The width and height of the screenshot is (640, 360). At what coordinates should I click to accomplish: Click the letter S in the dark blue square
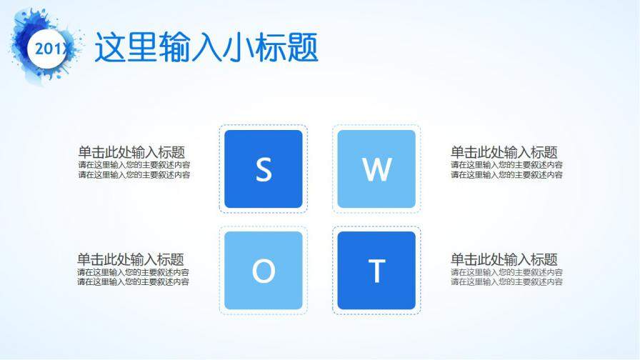pyautogui.click(x=264, y=169)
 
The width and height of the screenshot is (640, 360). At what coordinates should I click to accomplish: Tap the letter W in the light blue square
pyautogui.click(x=376, y=169)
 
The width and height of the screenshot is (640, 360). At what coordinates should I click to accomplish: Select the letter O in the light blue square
pyautogui.click(x=264, y=271)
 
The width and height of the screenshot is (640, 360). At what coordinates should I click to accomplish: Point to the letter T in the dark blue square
pyautogui.click(x=376, y=271)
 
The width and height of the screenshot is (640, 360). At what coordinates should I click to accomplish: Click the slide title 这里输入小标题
pyautogui.click(x=206, y=48)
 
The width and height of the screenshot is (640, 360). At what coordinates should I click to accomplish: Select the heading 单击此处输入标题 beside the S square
pyautogui.click(x=132, y=152)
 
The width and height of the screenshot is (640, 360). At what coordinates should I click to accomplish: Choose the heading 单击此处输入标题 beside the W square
pyautogui.click(x=504, y=152)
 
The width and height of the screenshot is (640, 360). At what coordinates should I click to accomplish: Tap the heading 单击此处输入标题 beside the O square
pyautogui.click(x=131, y=260)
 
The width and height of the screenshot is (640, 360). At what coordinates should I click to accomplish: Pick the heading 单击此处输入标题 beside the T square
pyautogui.click(x=504, y=260)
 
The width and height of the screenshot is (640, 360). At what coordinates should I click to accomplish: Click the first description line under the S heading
pyautogui.click(x=134, y=165)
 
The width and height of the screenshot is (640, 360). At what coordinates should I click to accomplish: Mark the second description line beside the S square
pyautogui.click(x=134, y=174)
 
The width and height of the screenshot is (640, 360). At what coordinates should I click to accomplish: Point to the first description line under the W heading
pyautogui.click(x=506, y=165)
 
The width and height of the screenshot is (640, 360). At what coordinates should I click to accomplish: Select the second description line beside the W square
pyautogui.click(x=506, y=174)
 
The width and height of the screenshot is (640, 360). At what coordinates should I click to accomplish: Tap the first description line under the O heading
pyautogui.click(x=134, y=272)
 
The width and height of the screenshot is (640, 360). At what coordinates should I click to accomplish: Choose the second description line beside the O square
pyautogui.click(x=134, y=282)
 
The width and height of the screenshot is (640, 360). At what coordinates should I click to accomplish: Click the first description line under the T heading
pyautogui.click(x=506, y=272)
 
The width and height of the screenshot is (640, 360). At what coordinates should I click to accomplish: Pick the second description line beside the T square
pyautogui.click(x=506, y=282)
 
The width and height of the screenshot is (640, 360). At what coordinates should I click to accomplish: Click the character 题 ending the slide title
pyautogui.click(x=302, y=48)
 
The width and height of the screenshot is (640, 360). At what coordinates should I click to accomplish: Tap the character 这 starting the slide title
pyautogui.click(x=110, y=48)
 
